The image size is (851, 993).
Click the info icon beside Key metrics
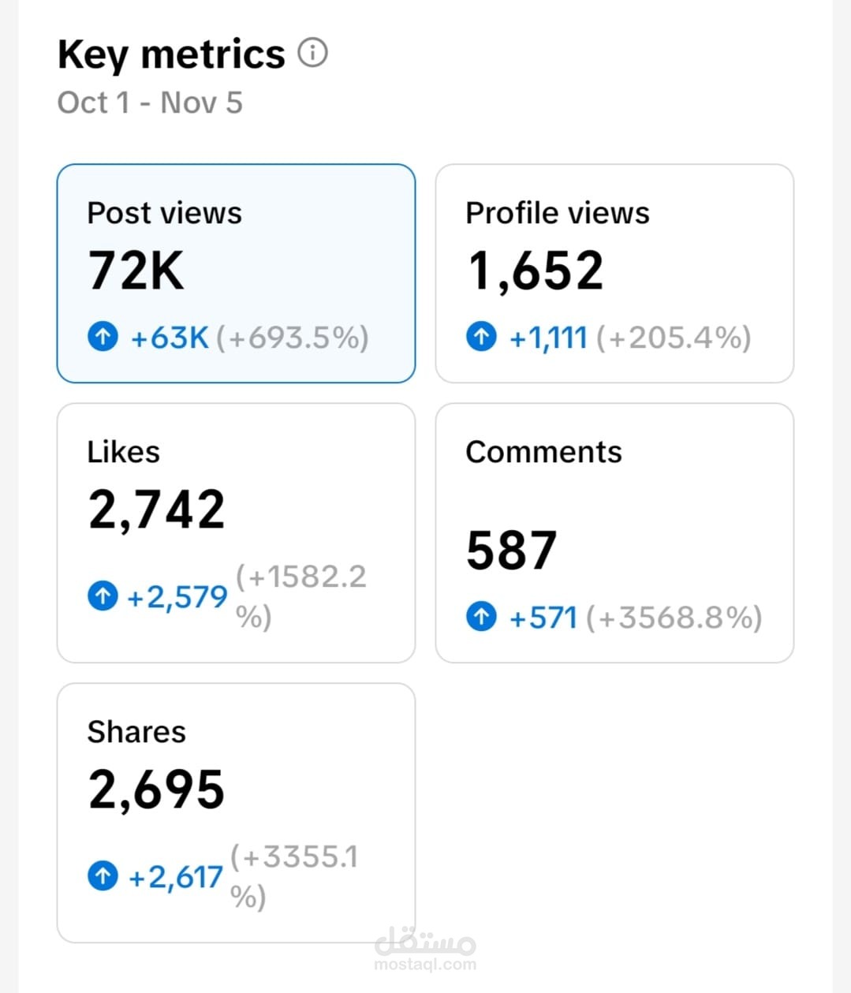click(x=312, y=52)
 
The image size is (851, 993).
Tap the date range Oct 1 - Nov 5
click(x=150, y=103)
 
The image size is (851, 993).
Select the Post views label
click(x=164, y=213)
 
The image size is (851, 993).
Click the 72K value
click(x=136, y=271)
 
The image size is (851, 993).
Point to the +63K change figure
click(x=170, y=338)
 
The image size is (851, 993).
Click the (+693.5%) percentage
click(x=293, y=338)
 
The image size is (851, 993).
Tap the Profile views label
click(x=558, y=213)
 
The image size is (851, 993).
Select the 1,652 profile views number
click(x=536, y=271)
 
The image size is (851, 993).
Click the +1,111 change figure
click(x=548, y=338)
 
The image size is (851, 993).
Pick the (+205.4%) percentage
click(x=674, y=338)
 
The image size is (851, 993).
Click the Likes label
click(x=124, y=452)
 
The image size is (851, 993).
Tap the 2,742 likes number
click(x=157, y=510)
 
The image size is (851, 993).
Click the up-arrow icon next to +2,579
click(x=103, y=595)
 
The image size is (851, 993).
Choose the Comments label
click(x=544, y=452)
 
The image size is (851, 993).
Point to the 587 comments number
click(x=512, y=550)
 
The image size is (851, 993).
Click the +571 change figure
click(x=543, y=618)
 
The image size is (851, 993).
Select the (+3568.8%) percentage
click(x=674, y=618)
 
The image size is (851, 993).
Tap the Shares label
click(x=136, y=732)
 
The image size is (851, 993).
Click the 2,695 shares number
click(x=157, y=790)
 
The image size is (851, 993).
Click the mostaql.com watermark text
click(x=425, y=964)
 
